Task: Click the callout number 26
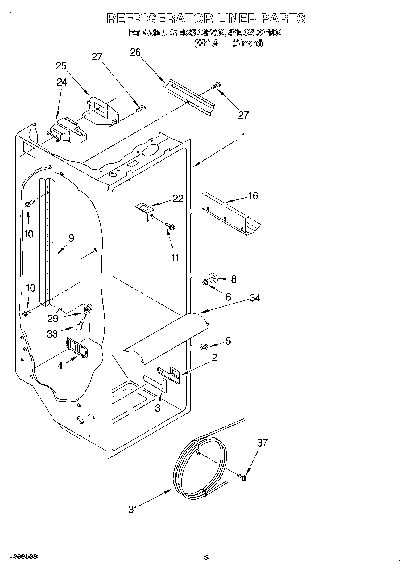pos(135,53)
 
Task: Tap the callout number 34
pos(255,298)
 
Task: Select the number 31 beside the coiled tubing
pos(133,510)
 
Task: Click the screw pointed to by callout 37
pos(242,477)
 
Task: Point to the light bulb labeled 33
pos(79,324)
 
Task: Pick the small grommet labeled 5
pos(203,347)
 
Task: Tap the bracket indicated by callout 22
pos(145,211)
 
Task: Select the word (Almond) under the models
pos(248,43)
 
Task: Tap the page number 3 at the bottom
pos(206,558)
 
